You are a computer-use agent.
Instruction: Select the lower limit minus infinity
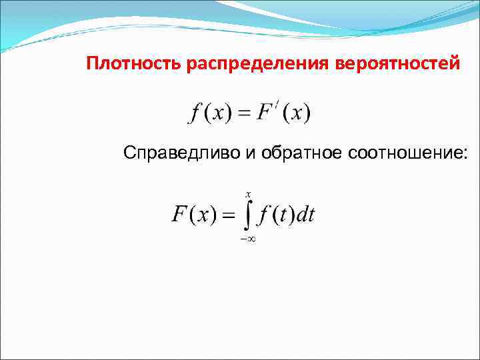pos(248,238)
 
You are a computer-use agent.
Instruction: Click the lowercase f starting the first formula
pos(195,113)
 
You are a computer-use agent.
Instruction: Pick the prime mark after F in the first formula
pos(279,105)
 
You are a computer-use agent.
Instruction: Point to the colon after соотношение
pos(465,155)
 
